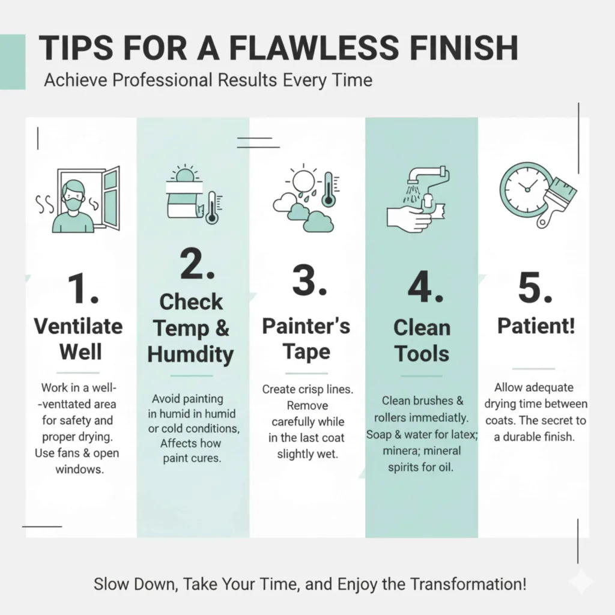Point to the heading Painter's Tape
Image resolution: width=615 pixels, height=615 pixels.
306,339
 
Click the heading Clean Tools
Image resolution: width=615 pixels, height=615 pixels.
422,341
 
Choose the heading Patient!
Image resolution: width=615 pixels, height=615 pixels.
536,326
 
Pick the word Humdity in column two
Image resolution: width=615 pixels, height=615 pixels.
190,354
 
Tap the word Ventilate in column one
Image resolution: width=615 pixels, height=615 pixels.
78,326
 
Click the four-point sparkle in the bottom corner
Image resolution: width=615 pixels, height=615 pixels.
581,581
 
